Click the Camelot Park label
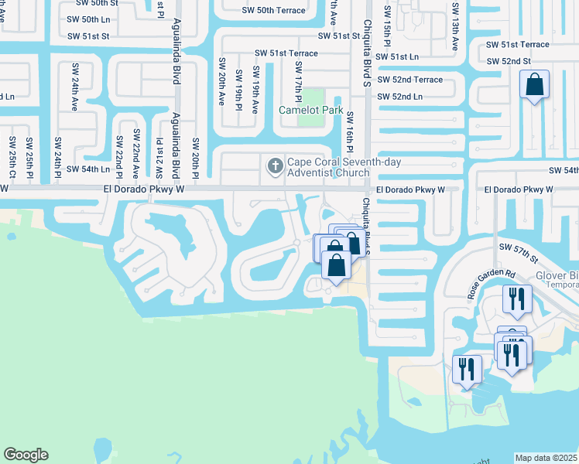tap(311, 110)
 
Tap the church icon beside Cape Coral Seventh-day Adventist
tap(274, 165)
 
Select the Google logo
tap(26, 455)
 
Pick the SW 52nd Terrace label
tap(409, 80)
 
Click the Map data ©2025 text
tap(546, 458)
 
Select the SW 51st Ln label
tap(396, 56)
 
